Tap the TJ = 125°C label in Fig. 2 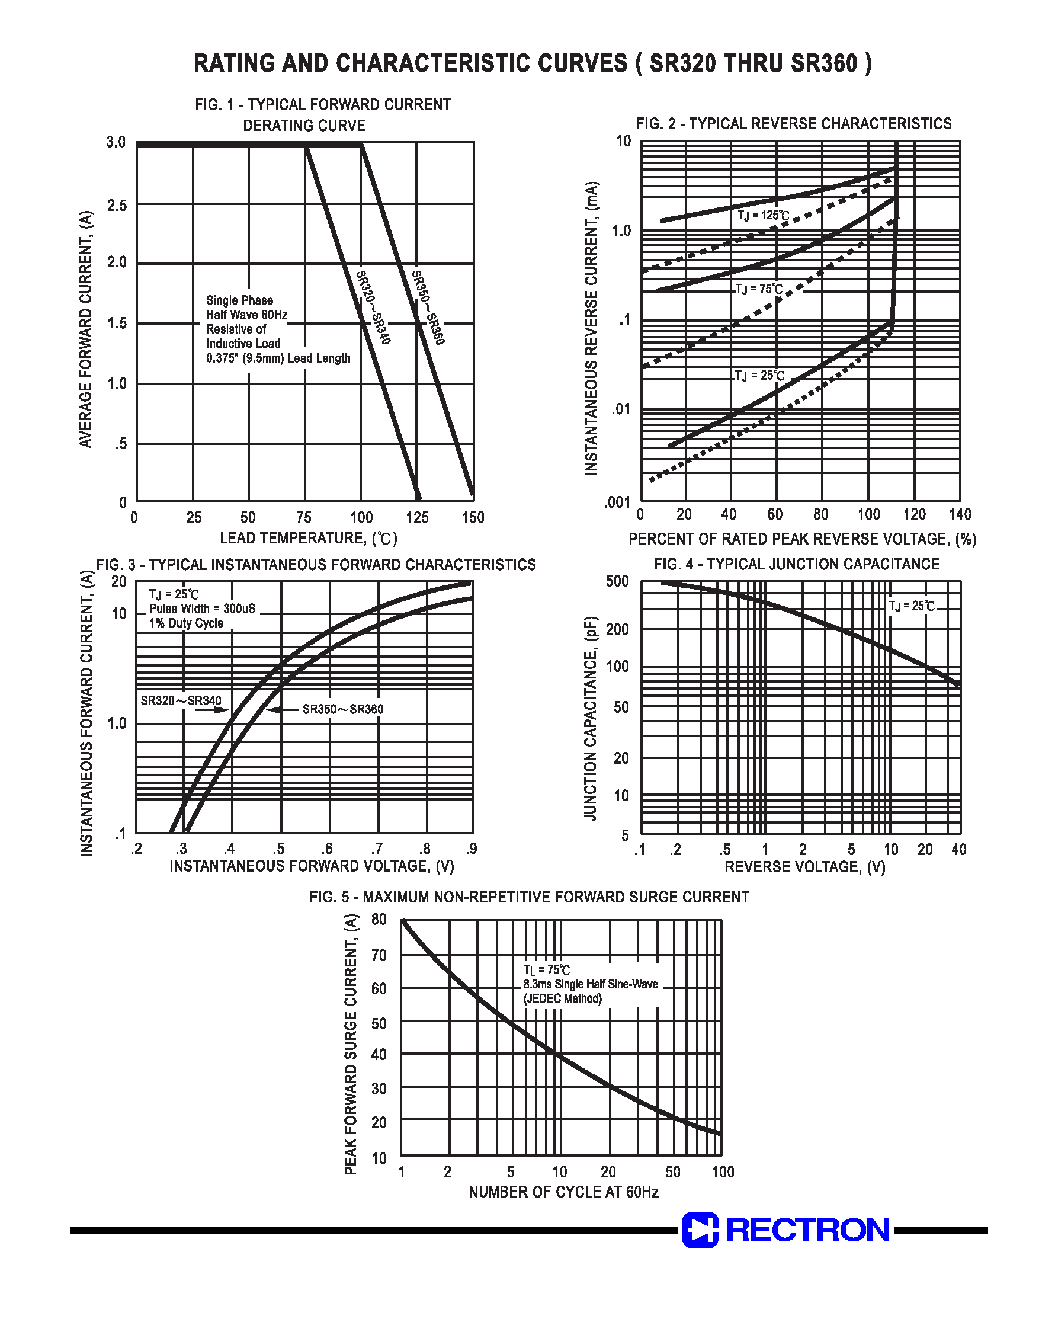[764, 216]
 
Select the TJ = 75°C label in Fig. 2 [759, 289]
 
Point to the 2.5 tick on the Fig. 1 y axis [117, 205]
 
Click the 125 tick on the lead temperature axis [417, 518]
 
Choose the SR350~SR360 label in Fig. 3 [343, 709]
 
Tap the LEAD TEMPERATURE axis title [308, 538]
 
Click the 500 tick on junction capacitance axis [618, 581]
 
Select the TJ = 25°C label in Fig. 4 [912, 606]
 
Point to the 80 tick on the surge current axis [379, 919]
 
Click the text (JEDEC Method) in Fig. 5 [562, 999]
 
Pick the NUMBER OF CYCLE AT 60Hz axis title [563, 1192]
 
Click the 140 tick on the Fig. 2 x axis [960, 514]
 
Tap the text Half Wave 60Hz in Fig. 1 [246, 315]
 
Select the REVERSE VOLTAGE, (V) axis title [805, 867]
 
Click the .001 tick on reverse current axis [617, 503]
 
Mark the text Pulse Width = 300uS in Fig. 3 [202, 609]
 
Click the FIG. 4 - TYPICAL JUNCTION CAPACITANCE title [797, 564]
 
